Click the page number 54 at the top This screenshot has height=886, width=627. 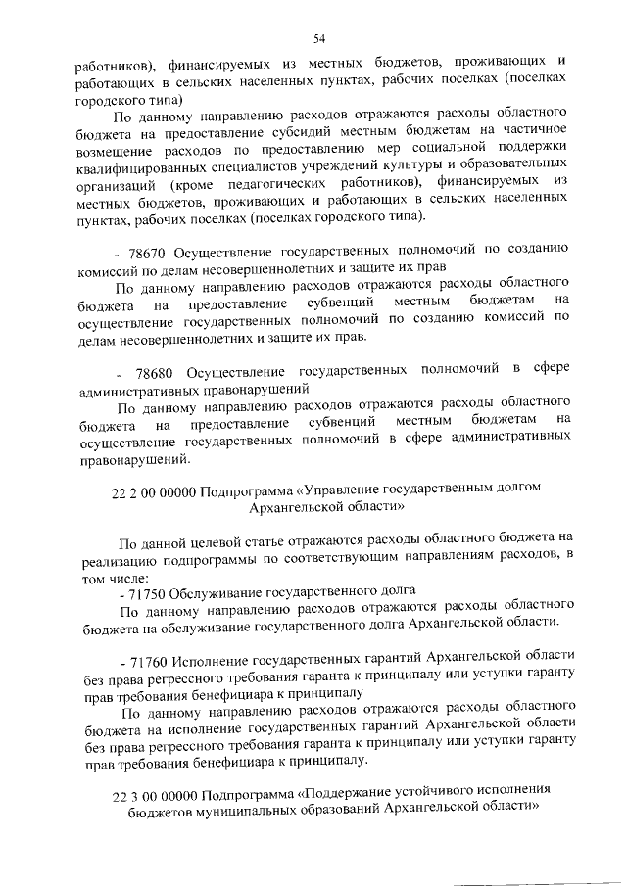coord(319,38)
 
